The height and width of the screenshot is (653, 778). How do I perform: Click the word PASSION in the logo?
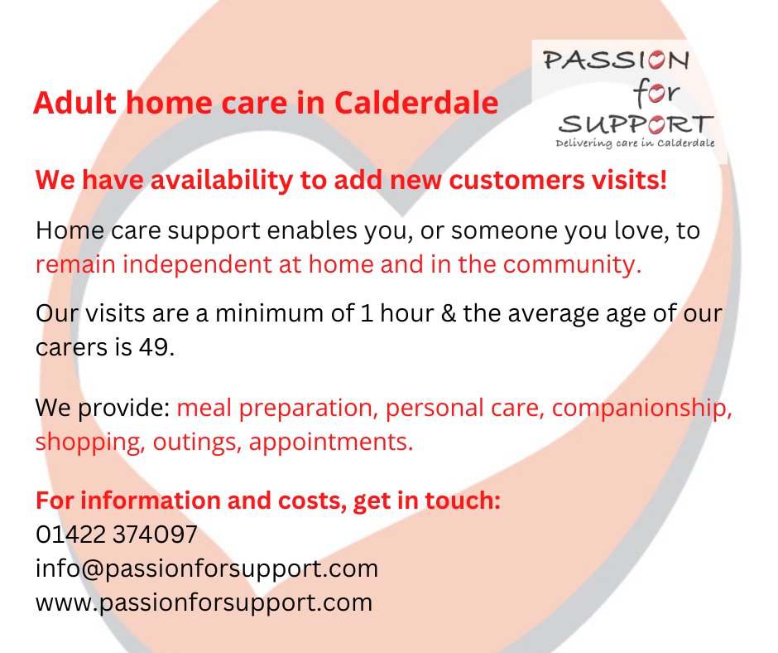point(614,60)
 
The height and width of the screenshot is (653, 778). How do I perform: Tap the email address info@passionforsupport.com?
point(206,568)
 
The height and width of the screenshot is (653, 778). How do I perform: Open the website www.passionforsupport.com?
point(204,602)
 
